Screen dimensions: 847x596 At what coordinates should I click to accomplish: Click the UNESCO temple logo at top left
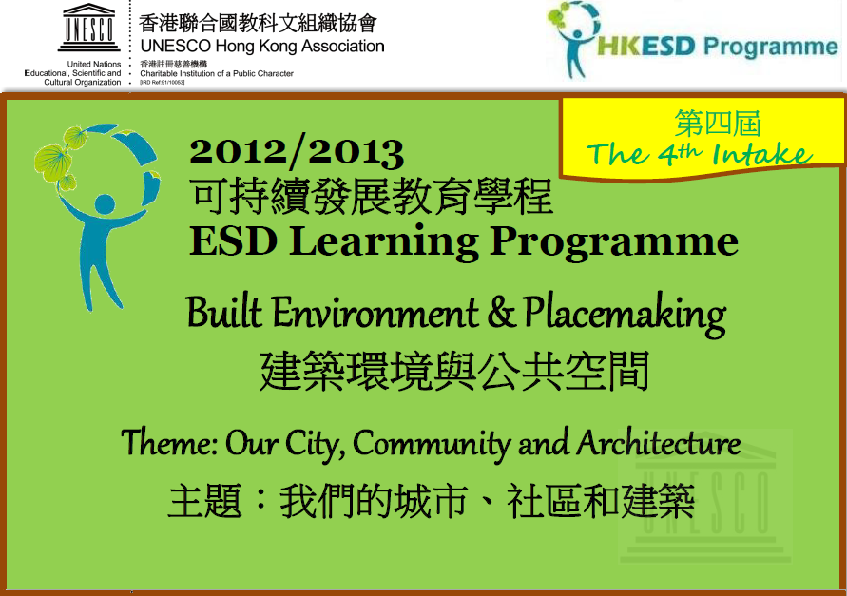point(89,27)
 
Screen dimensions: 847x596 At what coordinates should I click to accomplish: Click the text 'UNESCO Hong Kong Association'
point(262,47)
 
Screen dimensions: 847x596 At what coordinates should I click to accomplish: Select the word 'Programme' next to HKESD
point(771,47)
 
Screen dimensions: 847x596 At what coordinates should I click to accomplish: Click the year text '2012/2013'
point(297,152)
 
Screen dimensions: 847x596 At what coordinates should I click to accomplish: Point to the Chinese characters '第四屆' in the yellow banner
point(718,124)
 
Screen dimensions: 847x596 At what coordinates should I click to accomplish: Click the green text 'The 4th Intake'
point(700,155)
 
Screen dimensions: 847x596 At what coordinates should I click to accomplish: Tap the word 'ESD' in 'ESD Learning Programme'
point(233,241)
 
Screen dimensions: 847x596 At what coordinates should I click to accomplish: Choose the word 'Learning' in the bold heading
point(383,242)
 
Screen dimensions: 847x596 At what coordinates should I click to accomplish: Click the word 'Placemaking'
point(625,315)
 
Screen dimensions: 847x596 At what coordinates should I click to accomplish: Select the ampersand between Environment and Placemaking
point(501,314)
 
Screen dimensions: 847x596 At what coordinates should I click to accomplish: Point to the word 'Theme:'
point(168,443)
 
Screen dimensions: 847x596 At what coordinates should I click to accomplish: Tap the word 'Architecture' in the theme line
point(659,444)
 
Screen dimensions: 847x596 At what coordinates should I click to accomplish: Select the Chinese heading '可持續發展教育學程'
point(371,197)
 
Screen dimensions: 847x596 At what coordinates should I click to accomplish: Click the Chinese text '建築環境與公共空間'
point(454,371)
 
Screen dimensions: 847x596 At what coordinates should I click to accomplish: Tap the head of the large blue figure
point(105,204)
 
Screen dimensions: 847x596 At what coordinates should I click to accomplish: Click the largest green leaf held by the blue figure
point(52,162)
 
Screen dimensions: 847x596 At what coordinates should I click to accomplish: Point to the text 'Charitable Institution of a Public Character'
point(217,73)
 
